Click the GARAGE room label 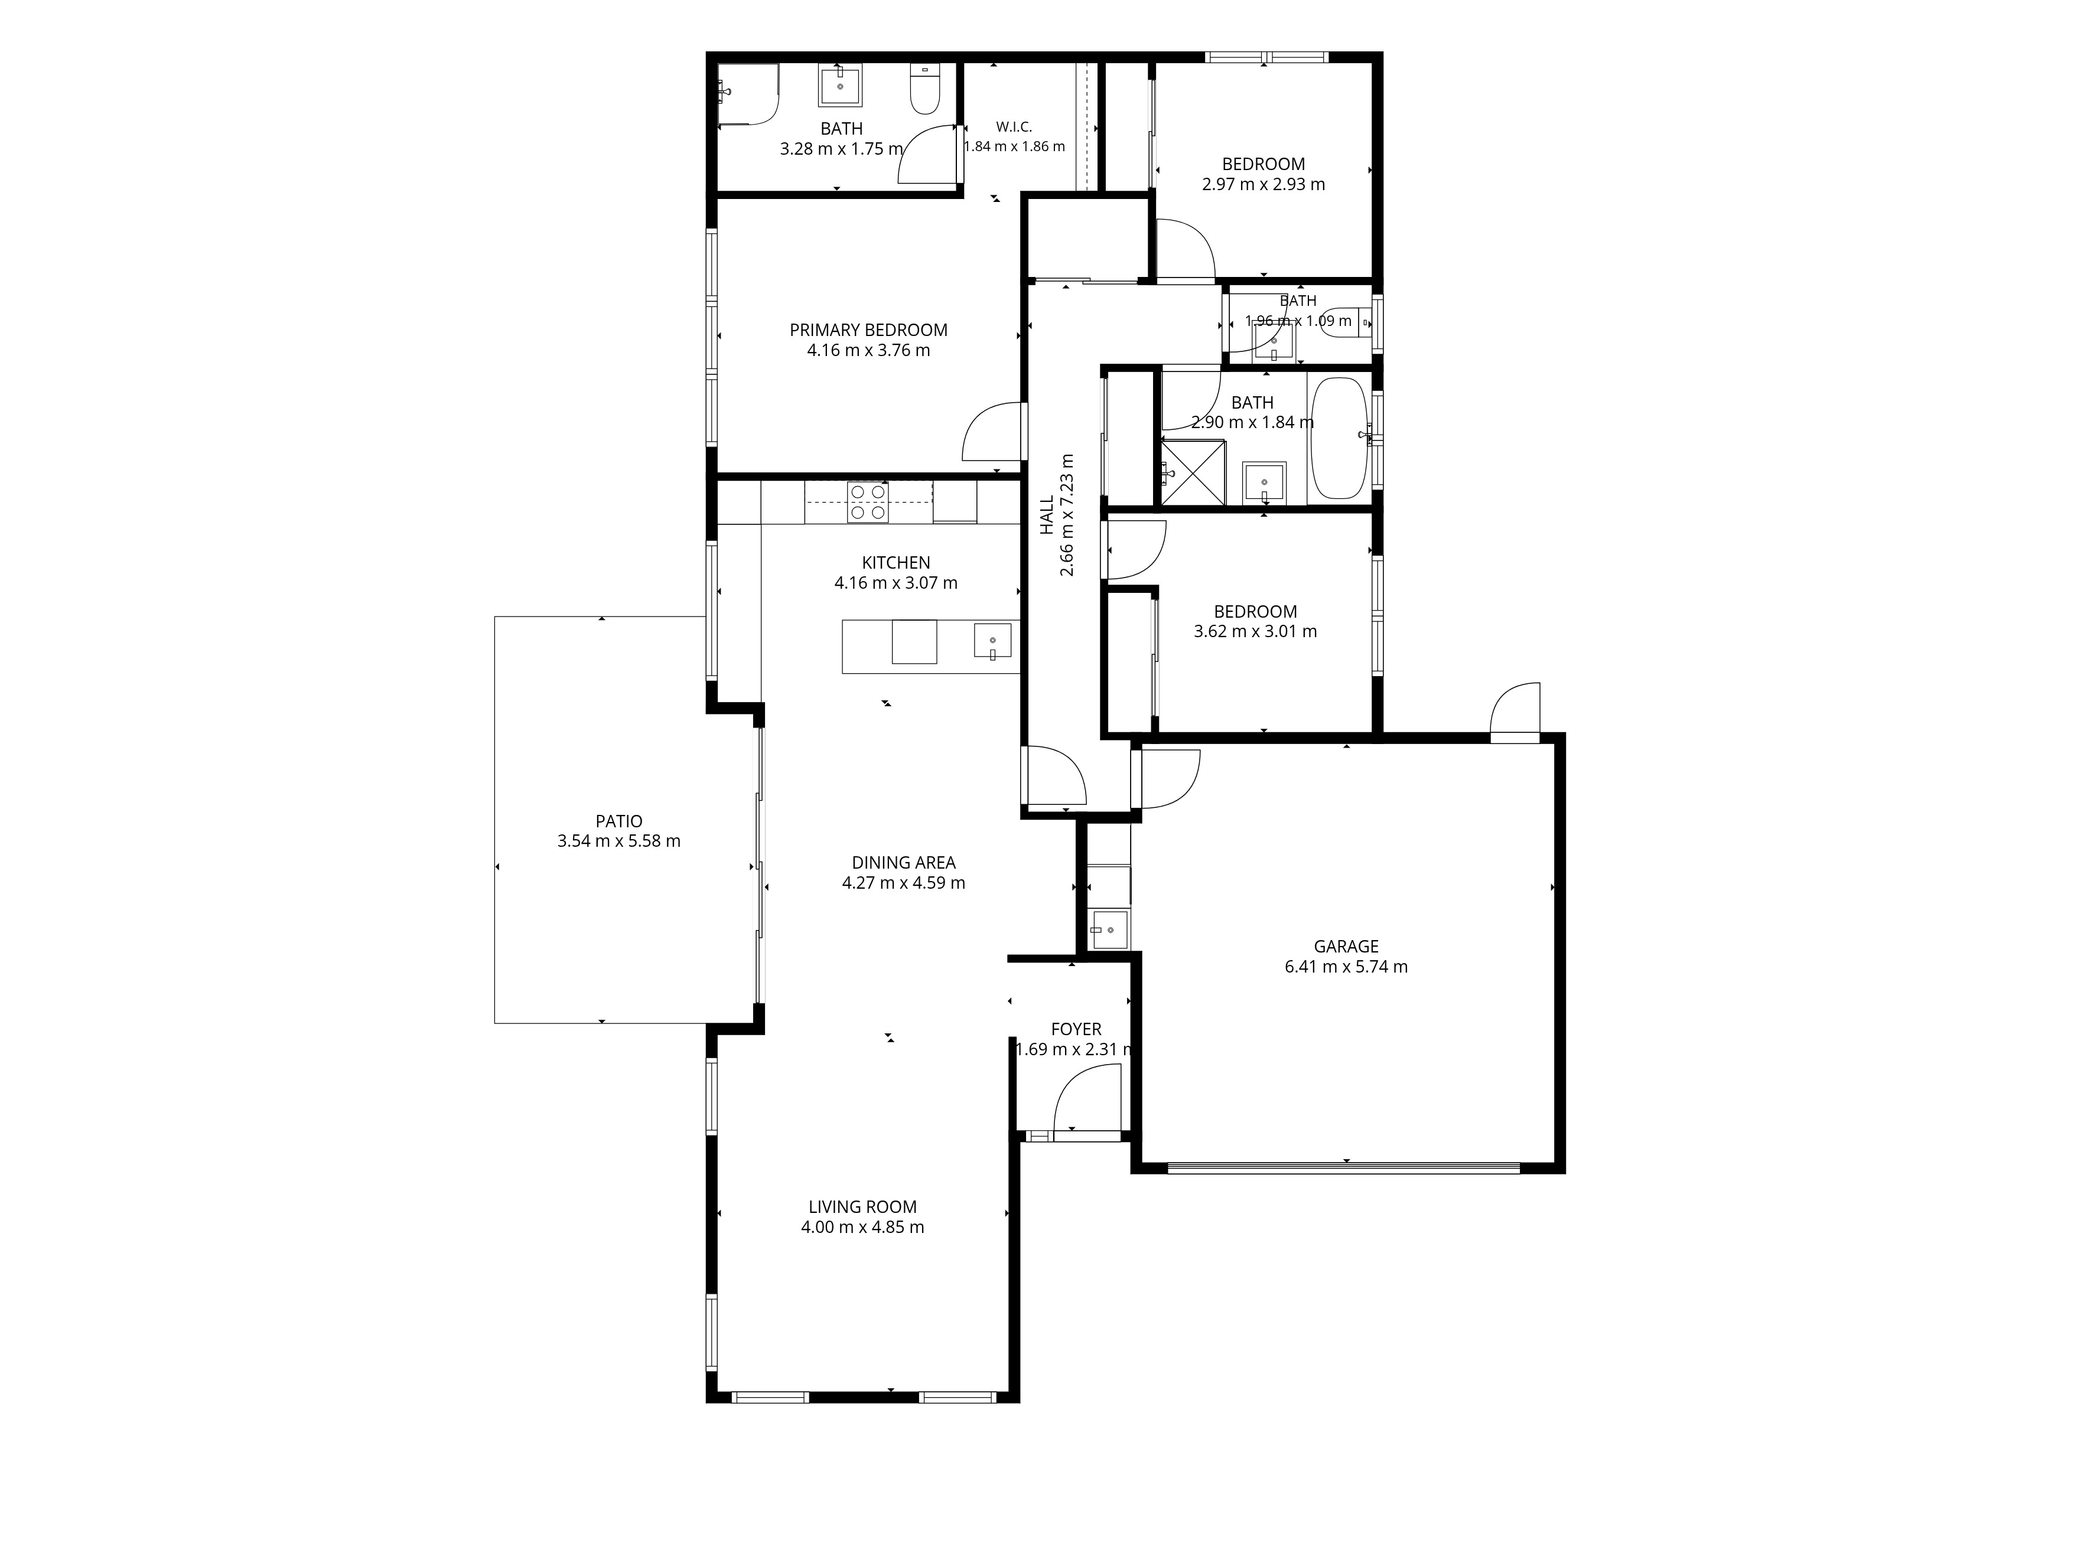(1346, 947)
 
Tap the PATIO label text (619, 821)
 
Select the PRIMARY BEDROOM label (869, 330)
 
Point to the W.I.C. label (1015, 127)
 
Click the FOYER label (1076, 1029)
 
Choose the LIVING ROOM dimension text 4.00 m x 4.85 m (862, 1227)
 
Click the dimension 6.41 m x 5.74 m (1346, 967)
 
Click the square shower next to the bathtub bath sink (1193, 473)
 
